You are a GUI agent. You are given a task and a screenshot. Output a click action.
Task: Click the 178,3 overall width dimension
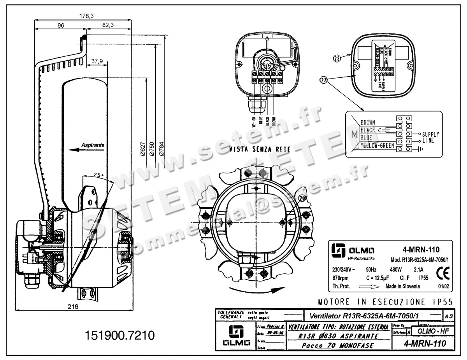86,16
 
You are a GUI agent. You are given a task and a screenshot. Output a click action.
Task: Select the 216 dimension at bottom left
73,306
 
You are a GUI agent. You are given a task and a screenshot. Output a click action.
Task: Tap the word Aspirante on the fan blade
93,145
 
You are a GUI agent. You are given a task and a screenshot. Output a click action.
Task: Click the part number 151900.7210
119,335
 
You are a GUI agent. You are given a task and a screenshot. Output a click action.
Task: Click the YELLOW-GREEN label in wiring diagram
377,145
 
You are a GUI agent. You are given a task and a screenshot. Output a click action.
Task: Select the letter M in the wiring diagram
354,135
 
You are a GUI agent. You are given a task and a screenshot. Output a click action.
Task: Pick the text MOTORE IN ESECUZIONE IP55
385,302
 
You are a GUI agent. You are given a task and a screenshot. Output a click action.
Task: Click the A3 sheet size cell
449,317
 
